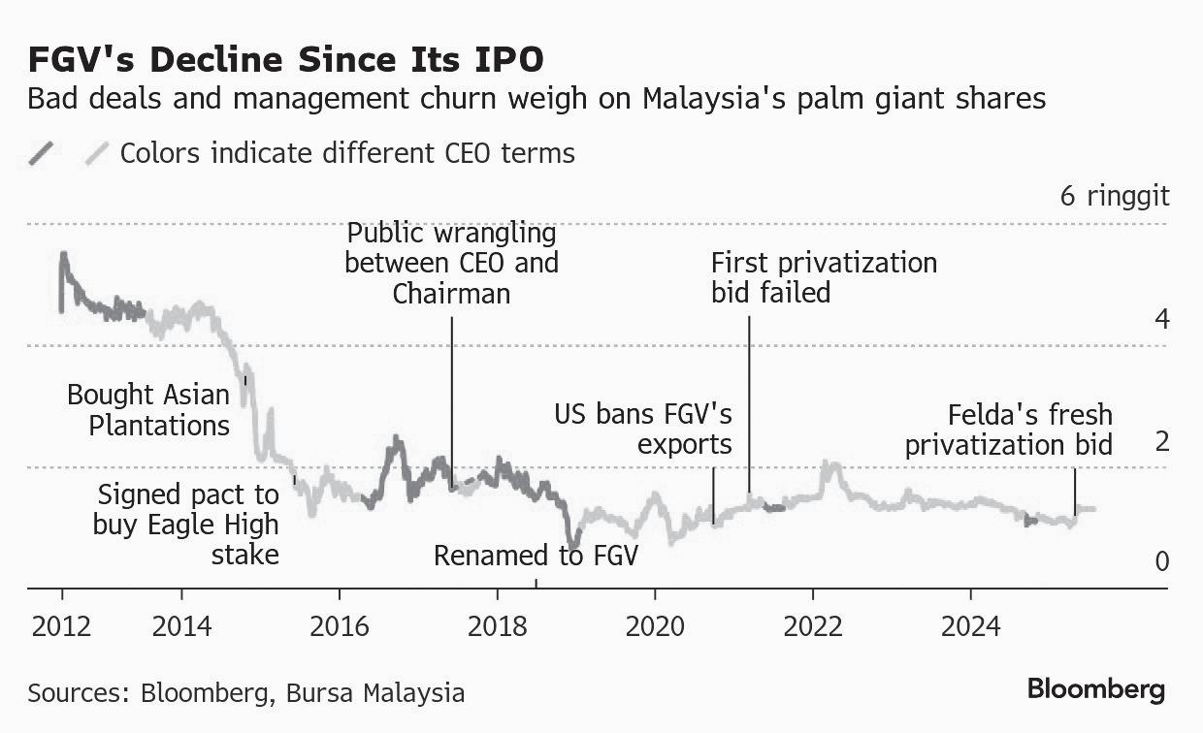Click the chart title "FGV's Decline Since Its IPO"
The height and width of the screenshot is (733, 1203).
point(285,59)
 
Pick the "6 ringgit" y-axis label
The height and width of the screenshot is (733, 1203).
point(1115,196)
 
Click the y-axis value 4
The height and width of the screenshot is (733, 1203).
point(1160,319)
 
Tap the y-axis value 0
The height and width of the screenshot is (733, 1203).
point(1160,561)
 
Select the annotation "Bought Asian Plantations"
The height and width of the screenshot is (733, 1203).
point(148,410)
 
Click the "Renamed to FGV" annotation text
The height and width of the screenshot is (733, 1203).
point(536,557)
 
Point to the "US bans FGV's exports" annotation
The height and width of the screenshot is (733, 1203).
point(643,430)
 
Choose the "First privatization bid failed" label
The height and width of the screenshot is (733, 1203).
point(824,277)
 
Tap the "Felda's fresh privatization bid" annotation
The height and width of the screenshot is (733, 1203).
point(1009,430)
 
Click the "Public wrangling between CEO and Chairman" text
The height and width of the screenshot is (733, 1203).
point(451,263)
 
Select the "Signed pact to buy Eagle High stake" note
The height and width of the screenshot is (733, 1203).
point(187,525)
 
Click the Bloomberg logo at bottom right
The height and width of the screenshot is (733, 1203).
point(1096,690)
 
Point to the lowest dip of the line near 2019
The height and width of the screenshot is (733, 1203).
point(574,543)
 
